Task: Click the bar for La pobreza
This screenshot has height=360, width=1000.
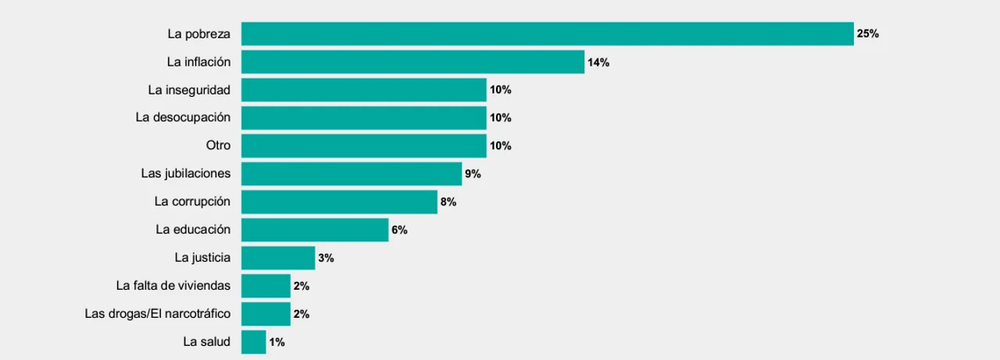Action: point(548,34)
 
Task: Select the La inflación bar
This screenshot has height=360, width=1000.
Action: point(413,62)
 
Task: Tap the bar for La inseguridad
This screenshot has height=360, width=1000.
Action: point(364,90)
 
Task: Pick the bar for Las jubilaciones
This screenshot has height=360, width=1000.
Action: point(352,173)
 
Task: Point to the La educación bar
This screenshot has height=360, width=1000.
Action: point(315,230)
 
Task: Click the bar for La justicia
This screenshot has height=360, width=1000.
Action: point(278,258)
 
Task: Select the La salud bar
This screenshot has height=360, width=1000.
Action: point(254,342)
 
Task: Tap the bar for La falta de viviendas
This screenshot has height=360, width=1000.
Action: point(266,286)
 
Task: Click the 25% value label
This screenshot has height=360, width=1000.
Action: point(868,34)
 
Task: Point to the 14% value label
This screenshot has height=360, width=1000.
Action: point(598,62)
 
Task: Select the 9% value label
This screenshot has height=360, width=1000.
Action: point(473,174)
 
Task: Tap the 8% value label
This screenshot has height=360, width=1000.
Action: point(448,202)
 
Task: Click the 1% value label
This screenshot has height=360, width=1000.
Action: point(277,342)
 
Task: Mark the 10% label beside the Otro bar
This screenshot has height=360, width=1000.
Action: point(501,146)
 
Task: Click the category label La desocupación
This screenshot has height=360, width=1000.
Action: point(183,117)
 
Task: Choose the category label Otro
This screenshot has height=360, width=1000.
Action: point(218,145)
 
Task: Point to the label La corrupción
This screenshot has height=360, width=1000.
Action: point(192,201)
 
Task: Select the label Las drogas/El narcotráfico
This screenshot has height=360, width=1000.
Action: point(158,314)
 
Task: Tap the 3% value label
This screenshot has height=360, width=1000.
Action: point(326,258)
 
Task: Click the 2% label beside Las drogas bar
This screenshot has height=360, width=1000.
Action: point(302,314)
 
